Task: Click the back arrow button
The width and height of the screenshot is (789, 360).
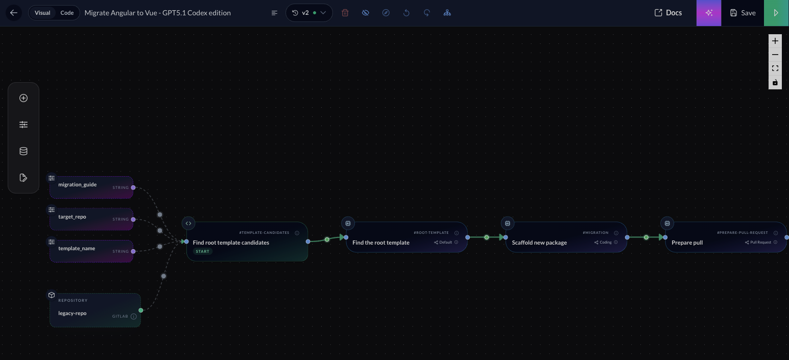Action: (x=14, y=13)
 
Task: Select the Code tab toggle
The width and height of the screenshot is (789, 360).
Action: (x=67, y=13)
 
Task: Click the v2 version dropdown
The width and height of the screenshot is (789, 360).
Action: (x=308, y=13)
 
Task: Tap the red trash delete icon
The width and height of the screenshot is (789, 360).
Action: (x=345, y=13)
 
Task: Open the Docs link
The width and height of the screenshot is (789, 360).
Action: (x=668, y=13)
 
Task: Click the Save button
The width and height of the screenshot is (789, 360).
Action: (x=743, y=13)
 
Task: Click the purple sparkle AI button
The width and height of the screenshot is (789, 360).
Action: (x=709, y=13)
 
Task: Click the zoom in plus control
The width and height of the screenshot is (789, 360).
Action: (x=775, y=41)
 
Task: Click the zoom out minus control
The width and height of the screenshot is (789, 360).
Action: (x=775, y=55)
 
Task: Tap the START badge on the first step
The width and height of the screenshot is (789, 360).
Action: (x=203, y=251)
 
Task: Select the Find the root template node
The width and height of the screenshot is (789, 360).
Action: (x=381, y=243)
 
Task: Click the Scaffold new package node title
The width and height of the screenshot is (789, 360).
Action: (x=539, y=243)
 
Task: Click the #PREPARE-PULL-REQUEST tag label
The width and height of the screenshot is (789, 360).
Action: (x=742, y=232)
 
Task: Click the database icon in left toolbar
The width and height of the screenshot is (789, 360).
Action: (x=23, y=151)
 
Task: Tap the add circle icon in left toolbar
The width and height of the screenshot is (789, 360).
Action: (x=23, y=98)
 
